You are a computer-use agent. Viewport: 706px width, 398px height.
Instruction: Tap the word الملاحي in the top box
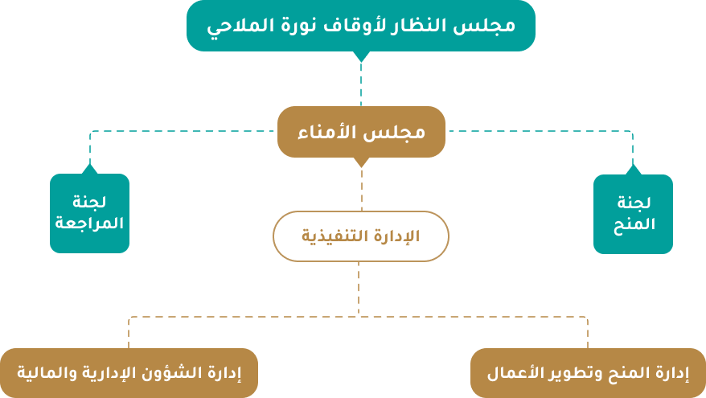pos(237,25)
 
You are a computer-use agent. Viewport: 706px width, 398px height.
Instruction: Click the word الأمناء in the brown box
pos(327,132)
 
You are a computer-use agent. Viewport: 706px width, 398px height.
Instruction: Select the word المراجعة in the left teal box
pos(89,223)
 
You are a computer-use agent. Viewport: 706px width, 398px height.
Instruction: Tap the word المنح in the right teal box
pos(633,224)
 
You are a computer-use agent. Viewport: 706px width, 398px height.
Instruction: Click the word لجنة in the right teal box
pos(634,203)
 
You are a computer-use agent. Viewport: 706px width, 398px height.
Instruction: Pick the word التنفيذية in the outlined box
pos(338,236)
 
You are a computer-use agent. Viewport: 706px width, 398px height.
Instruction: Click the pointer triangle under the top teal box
pos(361,56)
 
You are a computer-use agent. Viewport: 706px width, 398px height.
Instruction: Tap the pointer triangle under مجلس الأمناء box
pos(361,162)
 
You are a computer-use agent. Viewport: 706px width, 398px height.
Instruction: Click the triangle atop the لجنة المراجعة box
pos(89,170)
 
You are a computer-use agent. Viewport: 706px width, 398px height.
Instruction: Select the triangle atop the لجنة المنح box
pos(633,170)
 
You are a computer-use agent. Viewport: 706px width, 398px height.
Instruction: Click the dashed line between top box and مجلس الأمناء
pos(361,84)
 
